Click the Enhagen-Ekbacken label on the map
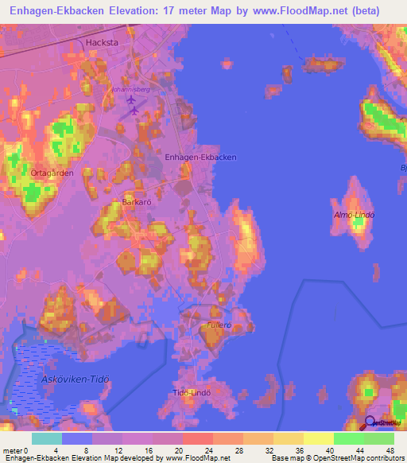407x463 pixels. tap(200, 158)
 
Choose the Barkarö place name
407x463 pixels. tap(137, 203)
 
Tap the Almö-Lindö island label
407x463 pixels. tap(353, 216)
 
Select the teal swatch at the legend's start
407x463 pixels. tap(46, 438)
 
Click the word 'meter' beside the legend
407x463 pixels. tap(12, 451)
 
